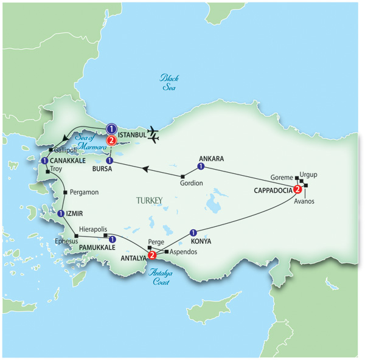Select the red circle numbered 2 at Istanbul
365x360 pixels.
pyautogui.click(x=111, y=141)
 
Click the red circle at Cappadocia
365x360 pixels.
pyautogui.click(x=298, y=187)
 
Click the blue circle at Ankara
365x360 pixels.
pyautogui.click(x=201, y=166)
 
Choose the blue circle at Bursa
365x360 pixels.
pyautogui.click(x=110, y=161)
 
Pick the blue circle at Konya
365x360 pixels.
pyautogui.click(x=193, y=232)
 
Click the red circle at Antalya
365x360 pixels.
pyautogui.click(x=151, y=255)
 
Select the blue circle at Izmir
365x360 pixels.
pyautogui.click(x=61, y=213)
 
